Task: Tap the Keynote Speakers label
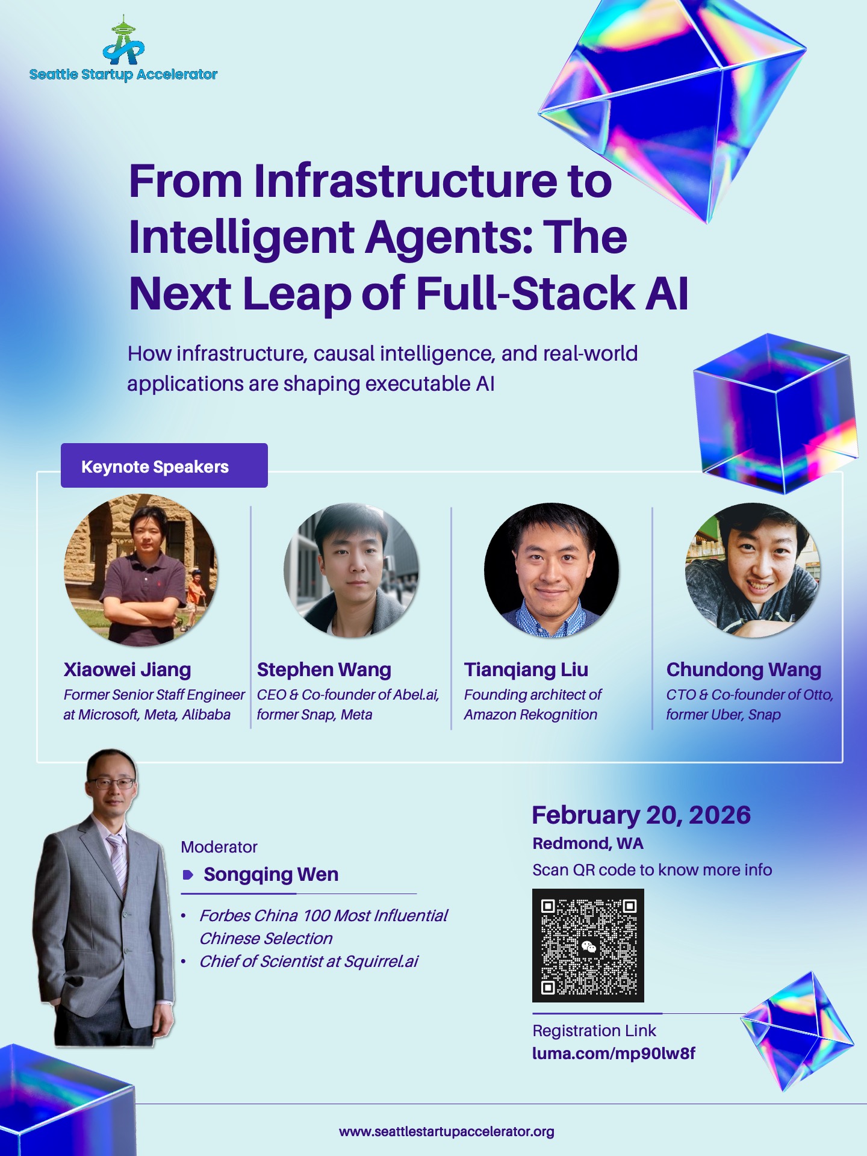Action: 155,467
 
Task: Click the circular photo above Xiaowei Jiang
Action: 141,570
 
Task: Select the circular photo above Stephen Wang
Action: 351,570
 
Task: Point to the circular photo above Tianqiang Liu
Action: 552,570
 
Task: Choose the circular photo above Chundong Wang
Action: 753,570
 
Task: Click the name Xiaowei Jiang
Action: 127,670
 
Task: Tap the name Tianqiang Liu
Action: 526,670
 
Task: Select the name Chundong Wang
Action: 744,670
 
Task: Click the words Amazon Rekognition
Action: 530,715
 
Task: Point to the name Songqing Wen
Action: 271,874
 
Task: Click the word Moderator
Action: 219,847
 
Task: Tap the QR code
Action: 588,945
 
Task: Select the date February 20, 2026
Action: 641,815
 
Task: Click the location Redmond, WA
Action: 588,844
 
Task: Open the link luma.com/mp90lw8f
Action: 614,1054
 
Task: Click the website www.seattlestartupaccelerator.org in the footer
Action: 447,1132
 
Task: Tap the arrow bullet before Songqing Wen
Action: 188,875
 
